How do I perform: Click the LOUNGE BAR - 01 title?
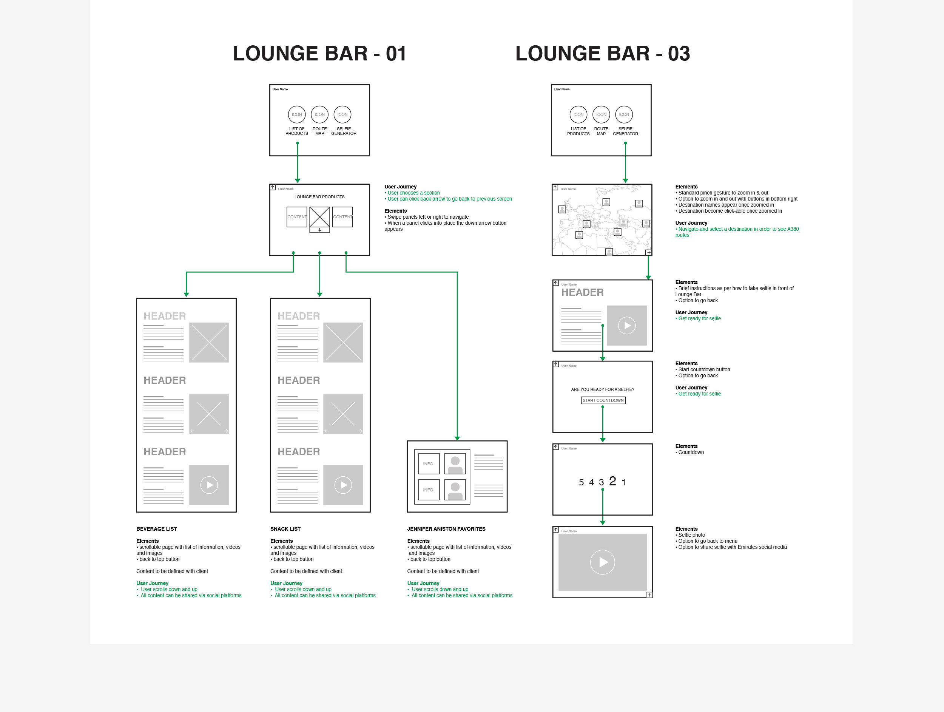click(319, 54)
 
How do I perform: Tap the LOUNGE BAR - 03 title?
click(602, 54)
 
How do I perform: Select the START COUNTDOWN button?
click(603, 400)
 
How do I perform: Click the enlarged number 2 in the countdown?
click(612, 481)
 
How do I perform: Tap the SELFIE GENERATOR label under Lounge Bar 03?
click(625, 131)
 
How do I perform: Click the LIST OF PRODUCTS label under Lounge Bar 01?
click(296, 131)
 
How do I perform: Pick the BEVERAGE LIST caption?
click(157, 529)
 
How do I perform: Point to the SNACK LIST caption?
click(285, 529)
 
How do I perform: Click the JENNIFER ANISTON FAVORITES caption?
click(446, 529)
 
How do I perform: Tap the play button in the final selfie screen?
click(602, 562)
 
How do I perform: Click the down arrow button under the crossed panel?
click(320, 230)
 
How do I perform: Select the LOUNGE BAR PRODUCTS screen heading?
click(319, 197)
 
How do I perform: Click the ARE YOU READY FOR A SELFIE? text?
click(602, 389)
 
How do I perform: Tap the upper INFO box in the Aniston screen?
click(429, 463)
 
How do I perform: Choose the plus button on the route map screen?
click(649, 253)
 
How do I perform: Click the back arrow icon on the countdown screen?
click(556, 447)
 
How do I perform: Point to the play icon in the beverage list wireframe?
click(209, 485)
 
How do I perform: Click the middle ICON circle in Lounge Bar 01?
click(320, 114)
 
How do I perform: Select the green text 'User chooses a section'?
click(413, 193)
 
